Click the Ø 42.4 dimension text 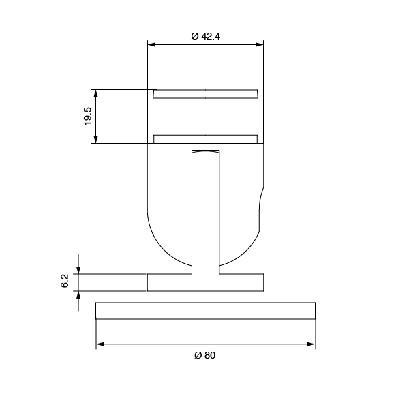point(206,36)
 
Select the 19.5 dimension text point(87,116)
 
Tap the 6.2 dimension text point(65,281)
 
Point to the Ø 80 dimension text point(205,356)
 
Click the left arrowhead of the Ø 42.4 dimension point(152,45)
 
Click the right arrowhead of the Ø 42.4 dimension point(260,45)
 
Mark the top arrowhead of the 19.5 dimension point(96,93)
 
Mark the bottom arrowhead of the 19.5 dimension point(96,139)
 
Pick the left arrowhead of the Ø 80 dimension point(100,344)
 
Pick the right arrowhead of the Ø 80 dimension point(311,344)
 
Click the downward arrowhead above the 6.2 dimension point(79,270)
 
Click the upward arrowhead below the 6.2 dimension point(79,294)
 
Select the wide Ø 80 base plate point(205,311)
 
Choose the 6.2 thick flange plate point(205,282)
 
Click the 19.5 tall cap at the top point(205,116)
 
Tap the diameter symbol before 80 point(196,356)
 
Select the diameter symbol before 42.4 point(194,36)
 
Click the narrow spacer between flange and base point(205,297)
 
